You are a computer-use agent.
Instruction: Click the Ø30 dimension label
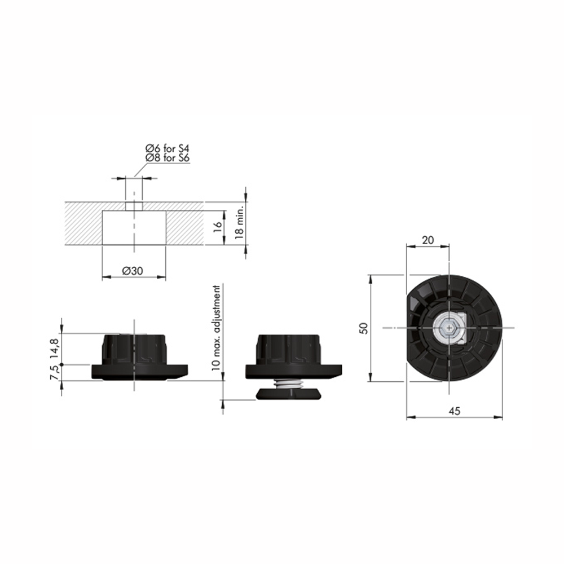(133, 271)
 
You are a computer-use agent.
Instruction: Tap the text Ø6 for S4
(168, 148)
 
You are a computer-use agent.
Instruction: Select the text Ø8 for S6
(168, 157)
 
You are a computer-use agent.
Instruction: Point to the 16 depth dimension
(217, 227)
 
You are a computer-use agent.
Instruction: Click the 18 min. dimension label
(239, 223)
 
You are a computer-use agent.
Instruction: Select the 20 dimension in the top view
(428, 240)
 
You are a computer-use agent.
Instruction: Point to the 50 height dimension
(364, 328)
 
